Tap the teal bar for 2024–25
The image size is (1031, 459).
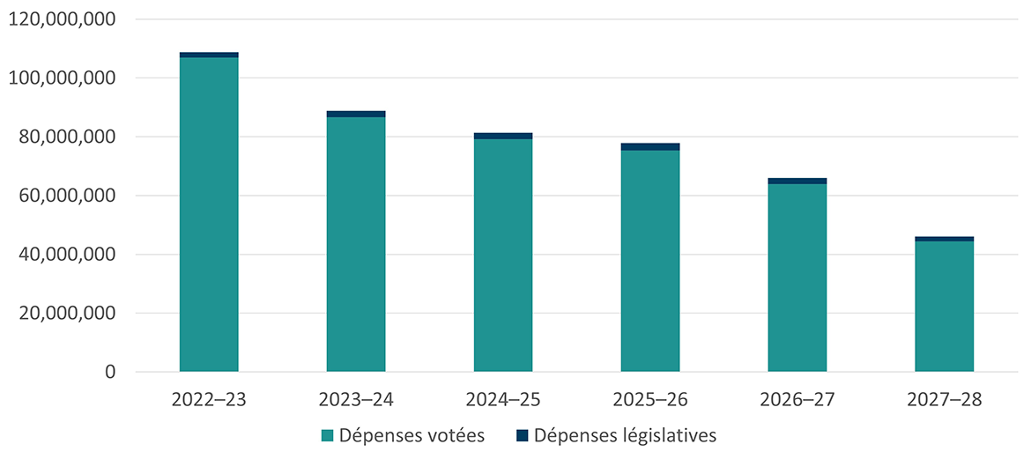503,255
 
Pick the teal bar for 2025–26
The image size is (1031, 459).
650,261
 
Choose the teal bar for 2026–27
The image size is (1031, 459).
797,278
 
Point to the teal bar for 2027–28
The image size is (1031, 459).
945,307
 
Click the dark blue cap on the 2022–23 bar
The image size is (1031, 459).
209,55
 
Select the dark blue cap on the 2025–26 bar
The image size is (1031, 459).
650,146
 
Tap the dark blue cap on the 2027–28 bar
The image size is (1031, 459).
945,239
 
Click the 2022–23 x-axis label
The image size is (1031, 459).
209,399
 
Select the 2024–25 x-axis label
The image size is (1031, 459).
503,399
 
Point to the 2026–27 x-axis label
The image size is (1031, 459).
797,399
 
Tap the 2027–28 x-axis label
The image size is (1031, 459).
945,399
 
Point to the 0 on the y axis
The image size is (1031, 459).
110,373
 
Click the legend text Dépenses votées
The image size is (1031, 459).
412,435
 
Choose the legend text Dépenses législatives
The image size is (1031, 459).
625,435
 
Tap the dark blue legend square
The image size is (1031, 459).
521,435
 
